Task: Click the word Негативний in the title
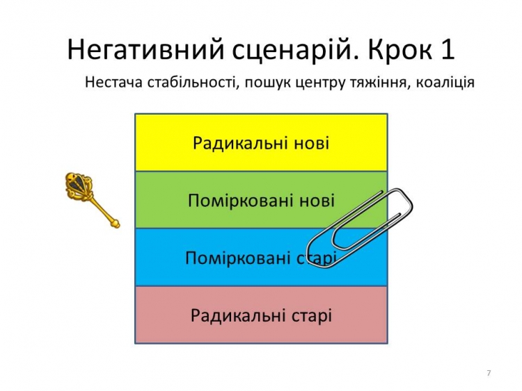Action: (x=146, y=49)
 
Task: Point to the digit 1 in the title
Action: (x=448, y=49)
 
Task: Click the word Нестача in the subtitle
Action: (x=114, y=82)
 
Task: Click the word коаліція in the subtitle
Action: (x=445, y=83)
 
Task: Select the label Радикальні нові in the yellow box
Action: (x=261, y=144)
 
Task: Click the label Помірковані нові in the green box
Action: (x=261, y=201)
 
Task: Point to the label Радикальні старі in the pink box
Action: (x=261, y=315)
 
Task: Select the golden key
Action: (x=92, y=200)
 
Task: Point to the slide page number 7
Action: (x=489, y=373)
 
